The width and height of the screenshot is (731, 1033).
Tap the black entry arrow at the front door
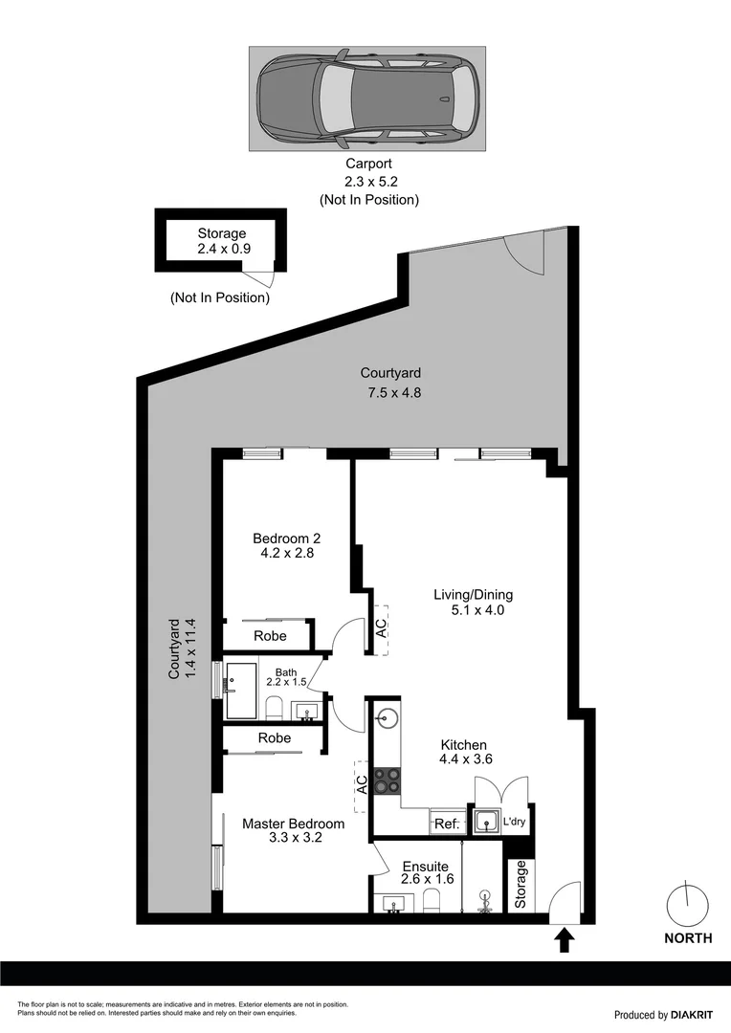coord(564,939)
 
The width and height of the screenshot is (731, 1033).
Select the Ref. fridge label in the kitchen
coord(447,823)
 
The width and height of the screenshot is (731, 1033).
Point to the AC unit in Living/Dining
coord(381,628)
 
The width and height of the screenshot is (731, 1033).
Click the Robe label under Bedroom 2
coord(271,636)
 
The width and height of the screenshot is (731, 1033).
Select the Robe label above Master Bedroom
coord(275,738)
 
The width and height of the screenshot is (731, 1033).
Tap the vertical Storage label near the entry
coord(521,885)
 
